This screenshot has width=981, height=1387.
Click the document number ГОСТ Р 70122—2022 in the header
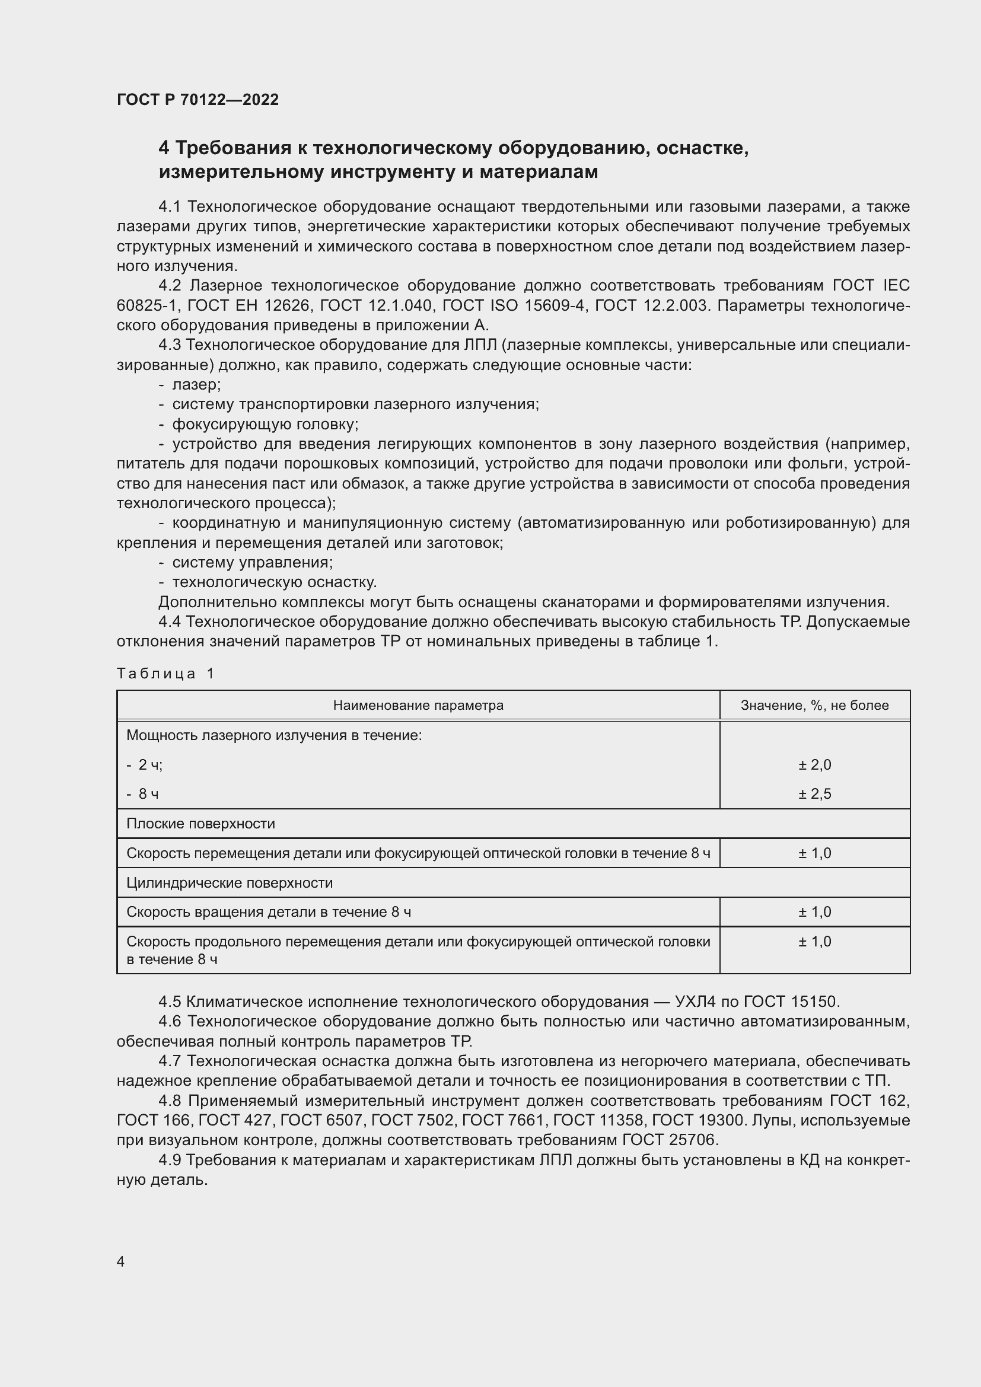(198, 100)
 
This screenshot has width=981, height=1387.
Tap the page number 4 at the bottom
(121, 1261)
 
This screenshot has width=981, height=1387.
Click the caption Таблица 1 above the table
(165, 673)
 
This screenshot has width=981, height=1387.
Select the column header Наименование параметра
(418, 705)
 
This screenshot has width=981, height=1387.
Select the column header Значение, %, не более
(814, 705)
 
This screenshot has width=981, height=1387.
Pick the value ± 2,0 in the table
(814, 765)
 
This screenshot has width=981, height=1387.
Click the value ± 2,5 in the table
(814, 794)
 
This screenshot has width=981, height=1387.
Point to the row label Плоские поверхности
(200, 824)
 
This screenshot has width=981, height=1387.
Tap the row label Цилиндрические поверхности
(230, 882)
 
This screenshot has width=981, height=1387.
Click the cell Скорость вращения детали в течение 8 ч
(269, 911)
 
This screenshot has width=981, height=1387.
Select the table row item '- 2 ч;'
(145, 765)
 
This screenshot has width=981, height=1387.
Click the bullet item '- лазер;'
(190, 384)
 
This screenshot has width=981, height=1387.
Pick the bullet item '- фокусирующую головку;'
(259, 424)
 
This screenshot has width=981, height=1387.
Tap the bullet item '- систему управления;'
(247, 562)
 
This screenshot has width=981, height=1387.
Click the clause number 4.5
(170, 1002)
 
